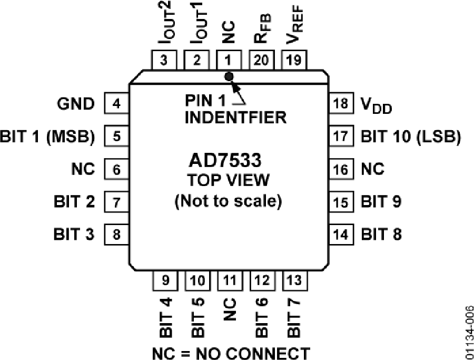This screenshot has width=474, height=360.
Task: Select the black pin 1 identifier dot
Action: pos(229,76)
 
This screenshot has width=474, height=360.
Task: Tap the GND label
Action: pos(76,104)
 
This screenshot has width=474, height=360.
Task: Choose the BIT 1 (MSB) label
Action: pos(48,137)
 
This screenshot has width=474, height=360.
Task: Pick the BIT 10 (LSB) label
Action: pos(411,137)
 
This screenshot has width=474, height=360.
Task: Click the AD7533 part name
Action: pos(229,160)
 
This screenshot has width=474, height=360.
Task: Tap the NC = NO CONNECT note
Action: pos(231,352)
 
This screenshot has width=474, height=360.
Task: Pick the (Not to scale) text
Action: pos(229,201)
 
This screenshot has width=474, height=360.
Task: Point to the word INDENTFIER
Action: pos(235,116)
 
